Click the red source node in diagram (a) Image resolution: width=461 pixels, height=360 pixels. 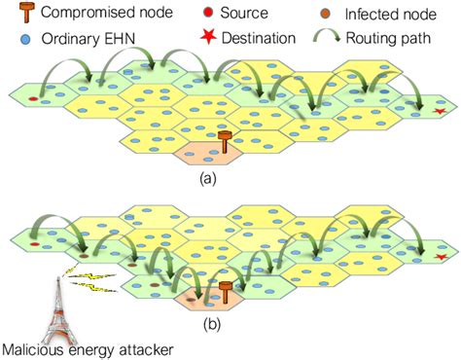point(32,99)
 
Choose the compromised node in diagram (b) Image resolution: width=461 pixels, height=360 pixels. point(226,291)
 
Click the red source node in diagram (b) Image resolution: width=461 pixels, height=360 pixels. point(34,248)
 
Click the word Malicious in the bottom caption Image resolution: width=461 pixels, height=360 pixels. point(32,347)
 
